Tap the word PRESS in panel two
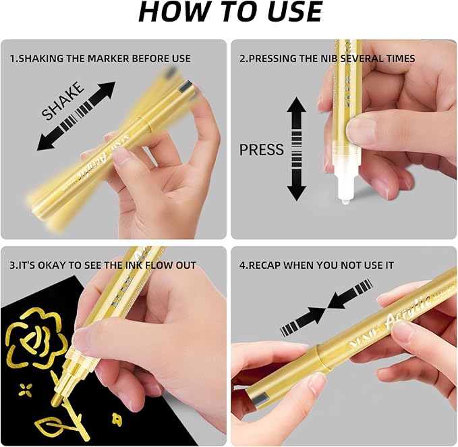[262, 149]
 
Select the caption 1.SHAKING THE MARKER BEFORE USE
[100, 59]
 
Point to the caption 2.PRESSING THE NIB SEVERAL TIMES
[327, 59]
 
